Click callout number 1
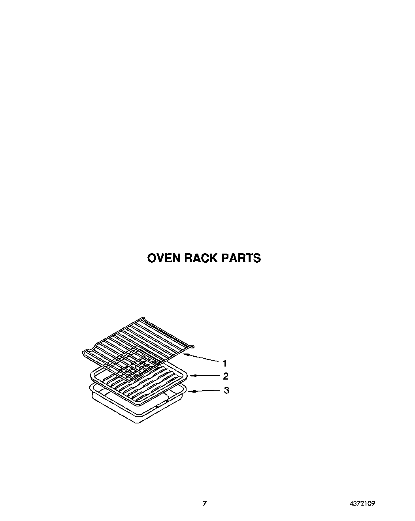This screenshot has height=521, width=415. coord(224,363)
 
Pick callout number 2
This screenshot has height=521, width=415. coord(226,376)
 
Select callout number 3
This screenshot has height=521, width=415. coord(226,390)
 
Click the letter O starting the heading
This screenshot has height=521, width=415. coord(152,258)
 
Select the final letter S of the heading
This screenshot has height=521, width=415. coord(257,258)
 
